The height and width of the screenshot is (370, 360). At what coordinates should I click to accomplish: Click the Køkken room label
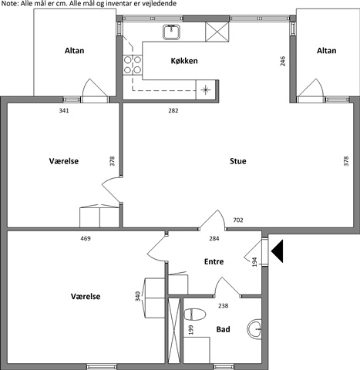click(184, 61)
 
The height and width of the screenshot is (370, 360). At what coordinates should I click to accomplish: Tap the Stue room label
click(238, 161)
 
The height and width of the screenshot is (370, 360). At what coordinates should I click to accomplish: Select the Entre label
click(214, 261)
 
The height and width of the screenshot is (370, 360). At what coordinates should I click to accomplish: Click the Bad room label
click(223, 329)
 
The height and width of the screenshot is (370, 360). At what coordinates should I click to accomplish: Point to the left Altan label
click(74, 51)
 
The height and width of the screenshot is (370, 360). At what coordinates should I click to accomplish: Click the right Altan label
click(326, 51)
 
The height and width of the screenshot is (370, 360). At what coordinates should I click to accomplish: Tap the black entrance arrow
click(277, 251)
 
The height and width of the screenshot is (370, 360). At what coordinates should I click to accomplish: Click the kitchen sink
click(172, 32)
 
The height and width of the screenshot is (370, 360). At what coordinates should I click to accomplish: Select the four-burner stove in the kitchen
click(133, 65)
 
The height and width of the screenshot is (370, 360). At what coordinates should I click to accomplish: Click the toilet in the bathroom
click(195, 314)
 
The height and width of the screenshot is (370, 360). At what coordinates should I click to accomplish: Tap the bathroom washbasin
click(254, 329)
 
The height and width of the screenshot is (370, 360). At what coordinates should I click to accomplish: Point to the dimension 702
click(238, 220)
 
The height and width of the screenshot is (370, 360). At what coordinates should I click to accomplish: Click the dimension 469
click(86, 238)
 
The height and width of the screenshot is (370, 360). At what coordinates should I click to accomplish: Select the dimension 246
click(283, 61)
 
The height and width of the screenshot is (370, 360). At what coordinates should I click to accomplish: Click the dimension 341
click(64, 110)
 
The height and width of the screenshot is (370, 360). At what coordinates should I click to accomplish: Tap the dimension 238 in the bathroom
click(223, 306)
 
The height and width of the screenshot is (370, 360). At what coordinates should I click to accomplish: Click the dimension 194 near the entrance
click(254, 262)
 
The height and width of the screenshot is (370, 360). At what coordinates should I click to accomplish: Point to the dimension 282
click(173, 110)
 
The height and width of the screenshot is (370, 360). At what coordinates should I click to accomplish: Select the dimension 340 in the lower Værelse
click(138, 296)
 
